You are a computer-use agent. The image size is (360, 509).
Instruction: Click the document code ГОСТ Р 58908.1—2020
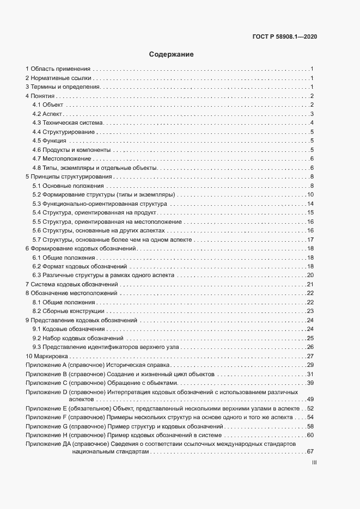click(x=285, y=37)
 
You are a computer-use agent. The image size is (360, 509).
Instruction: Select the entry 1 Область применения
click(x=58, y=69)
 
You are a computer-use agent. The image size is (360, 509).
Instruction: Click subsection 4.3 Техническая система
click(x=65, y=123)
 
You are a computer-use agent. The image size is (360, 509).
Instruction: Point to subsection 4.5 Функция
click(x=50, y=141)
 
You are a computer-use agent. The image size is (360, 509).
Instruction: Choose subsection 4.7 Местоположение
click(x=62, y=158)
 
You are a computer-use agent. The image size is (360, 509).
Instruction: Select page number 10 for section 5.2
click(x=310, y=194)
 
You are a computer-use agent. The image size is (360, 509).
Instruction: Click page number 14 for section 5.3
click(x=310, y=204)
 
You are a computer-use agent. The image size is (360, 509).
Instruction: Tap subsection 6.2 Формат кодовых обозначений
click(x=80, y=266)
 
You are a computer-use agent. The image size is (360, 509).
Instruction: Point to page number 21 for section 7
click(x=310, y=284)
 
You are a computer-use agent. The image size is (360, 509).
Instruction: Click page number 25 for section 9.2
click(x=310, y=338)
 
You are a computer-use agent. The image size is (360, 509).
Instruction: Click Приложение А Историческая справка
click(x=98, y=365)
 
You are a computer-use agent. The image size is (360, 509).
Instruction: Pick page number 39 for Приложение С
click(x=310, y=383)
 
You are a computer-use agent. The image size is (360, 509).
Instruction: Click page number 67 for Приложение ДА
click(x=310, y=451)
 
